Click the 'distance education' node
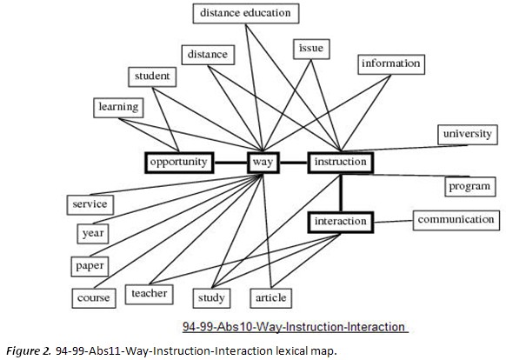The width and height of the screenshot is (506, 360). (245, 13)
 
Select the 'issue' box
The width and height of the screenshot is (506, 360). (310, 47)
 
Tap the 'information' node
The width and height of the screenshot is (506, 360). (390, 63)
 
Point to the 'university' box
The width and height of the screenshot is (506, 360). (467, 134)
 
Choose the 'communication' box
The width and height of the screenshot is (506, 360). (456, 219)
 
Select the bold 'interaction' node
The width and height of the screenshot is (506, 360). (341, 222)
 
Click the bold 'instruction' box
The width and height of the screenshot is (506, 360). (340, 162)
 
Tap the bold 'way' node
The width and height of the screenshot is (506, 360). (263, 162)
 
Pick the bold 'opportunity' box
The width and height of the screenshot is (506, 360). (178, 162)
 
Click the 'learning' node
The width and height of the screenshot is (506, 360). (118, 107)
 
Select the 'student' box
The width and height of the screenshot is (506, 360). (151, 77)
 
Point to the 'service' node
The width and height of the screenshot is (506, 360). (90, 204)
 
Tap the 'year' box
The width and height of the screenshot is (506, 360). (90, 233)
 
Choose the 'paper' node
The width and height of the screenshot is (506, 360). (90, 265)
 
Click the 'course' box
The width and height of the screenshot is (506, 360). (93, 298)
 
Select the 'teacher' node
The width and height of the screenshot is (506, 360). (149, 294)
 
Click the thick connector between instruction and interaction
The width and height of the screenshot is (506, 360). (341, 192)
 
